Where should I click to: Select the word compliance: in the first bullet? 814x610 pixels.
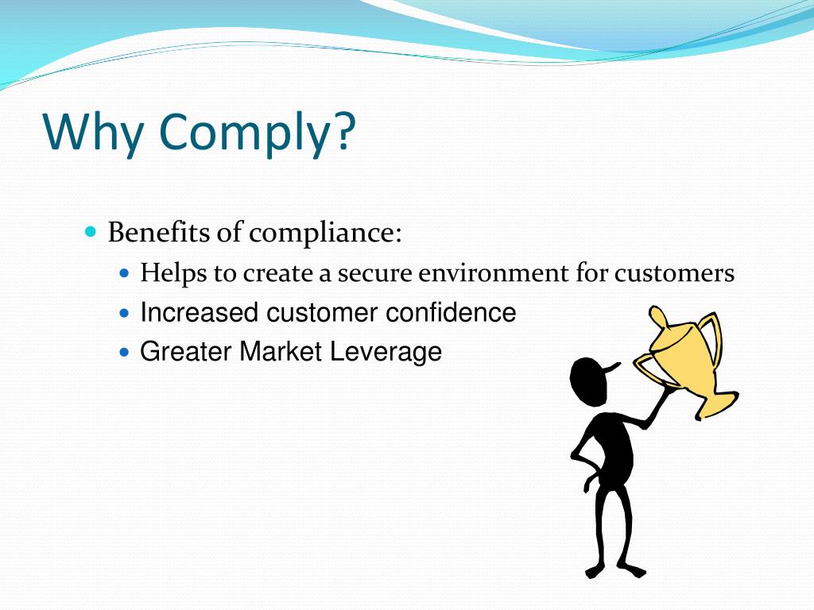(x=326, y=235)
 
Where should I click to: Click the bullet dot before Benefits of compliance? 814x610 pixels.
(x=91, y=232)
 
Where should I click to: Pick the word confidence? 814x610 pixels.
(x=451, y=313)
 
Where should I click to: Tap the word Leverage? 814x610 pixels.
(x=386, y=351)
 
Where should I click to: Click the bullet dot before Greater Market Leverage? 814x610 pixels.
(x=124, y=350)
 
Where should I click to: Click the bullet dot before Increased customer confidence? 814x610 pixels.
(x=124, y=313)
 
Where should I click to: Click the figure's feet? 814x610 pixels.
(x=615, y=569)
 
